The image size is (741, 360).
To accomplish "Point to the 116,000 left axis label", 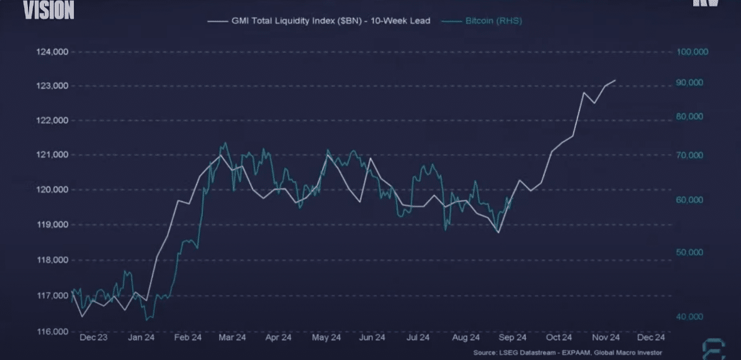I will (x=52, y=331).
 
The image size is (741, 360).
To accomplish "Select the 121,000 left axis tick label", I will (x=52, y=155).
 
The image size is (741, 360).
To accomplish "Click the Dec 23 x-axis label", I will (x=94, y=338).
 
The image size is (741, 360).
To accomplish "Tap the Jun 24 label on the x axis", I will (x=372, y=338).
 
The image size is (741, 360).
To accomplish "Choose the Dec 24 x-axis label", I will (x=651, y=338).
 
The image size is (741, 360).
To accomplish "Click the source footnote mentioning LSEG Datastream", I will (x=567, y=353).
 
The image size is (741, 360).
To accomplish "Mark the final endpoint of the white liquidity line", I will (x=615, y=80).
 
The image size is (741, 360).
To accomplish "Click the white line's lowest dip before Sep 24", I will (x=498, y=232).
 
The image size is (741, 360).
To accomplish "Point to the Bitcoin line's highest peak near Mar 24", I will (x=225, y=143).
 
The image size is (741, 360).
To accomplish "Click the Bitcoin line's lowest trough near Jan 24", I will (x=146, y=320).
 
